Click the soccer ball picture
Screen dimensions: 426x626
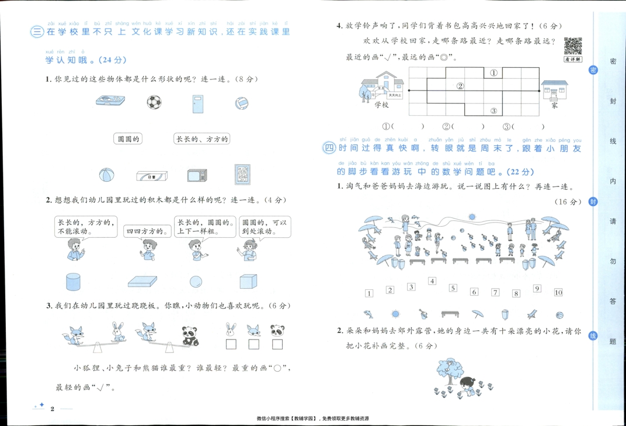(154, 103)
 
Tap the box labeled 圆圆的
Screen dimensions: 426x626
(128, 139)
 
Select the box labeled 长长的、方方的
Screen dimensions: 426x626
(202, 139)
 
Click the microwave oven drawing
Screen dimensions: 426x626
(197, 175)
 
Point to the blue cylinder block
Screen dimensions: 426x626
(73, 282)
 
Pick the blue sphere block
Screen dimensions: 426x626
(197, 281)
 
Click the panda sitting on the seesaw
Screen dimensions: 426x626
(189, 335)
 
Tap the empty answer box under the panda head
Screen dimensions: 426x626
(276, 344)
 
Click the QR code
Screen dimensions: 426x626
(573, 46)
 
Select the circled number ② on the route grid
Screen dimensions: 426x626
(460, 86)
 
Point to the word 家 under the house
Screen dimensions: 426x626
(554, 106)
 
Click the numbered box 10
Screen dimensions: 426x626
(558, 292)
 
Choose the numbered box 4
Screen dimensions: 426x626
(432, 281)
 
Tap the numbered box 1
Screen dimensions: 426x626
(369, 293)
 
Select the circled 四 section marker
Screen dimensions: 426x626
(329, 148)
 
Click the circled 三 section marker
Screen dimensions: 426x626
(37, 33)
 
